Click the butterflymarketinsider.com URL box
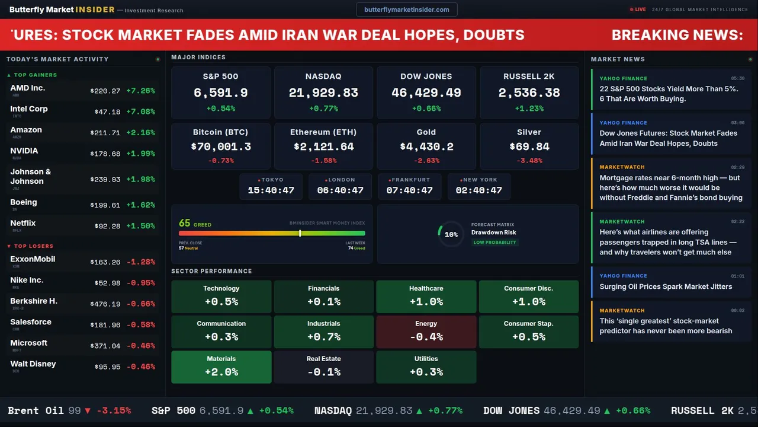[x=406, y=9]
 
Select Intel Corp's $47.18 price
[x=107, y=111]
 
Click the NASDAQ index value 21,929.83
[x=323, y=93]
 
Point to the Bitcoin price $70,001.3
[x=221, y=146]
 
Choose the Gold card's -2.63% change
[x=426, y=161]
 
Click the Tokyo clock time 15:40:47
[x=271, y=190]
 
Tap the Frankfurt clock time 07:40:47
[x=409, y=190]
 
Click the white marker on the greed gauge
[x=300, y=233]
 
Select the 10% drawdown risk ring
[x=451, y=234]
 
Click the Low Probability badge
[x=494, y=243]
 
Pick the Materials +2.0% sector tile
[x=221, y=367]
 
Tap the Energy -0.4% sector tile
[x=426, y=332]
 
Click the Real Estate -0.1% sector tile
[x=323, y=367]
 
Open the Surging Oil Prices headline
[x=666, y=286]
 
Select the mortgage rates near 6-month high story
[x=670, y=187]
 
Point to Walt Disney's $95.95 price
[x=107, y=367]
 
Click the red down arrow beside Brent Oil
[x=88, y=410]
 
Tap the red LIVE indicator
[x=638, y=9]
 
